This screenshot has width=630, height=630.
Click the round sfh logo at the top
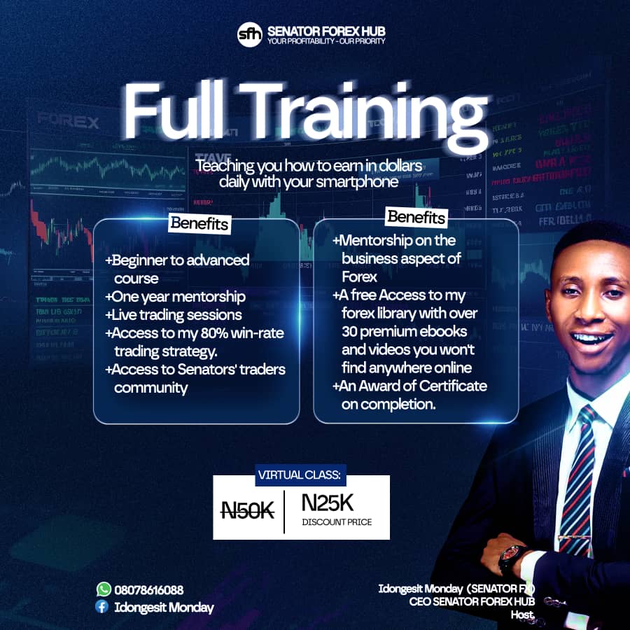tap(250, 34)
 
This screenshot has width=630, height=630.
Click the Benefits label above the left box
tap(199, 224)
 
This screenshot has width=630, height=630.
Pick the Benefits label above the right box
tap(416, 217)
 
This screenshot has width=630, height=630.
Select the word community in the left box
tap(151, 387)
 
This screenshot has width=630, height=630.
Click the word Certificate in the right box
tap(449, 386)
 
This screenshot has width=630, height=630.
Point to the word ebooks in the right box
tap(447, 331)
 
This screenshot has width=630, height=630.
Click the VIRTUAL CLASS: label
tap(300, 475)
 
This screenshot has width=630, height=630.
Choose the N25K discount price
tap(328, 503)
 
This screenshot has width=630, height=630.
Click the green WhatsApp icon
tap(104, 589)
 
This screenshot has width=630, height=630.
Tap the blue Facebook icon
tap(102, 607)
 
